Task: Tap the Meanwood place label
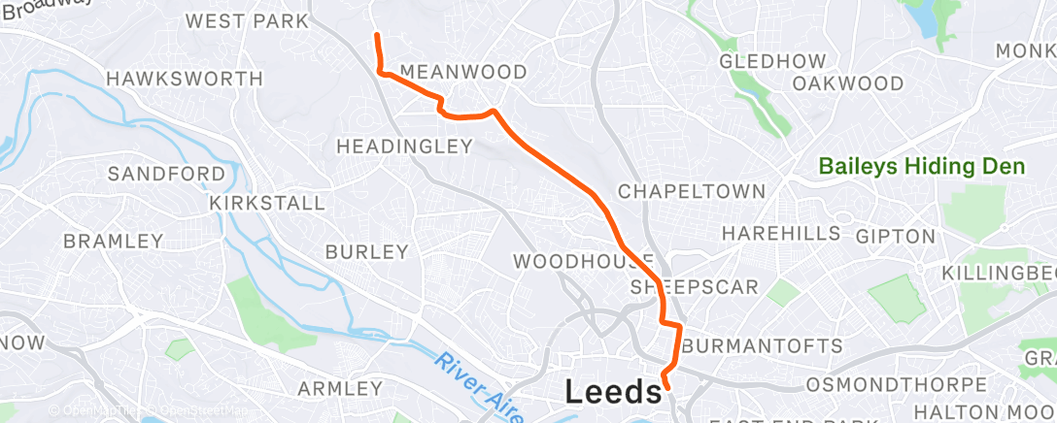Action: tap(463, 73)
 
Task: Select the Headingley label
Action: tap(403, 146)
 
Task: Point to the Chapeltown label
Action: tap(692, 191)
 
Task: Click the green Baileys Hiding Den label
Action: tap(922, 167)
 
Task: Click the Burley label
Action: tap(366, 252)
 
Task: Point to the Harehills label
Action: tap(781, 234)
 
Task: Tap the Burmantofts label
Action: tap(763, 346)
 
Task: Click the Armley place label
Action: tap(340, 389)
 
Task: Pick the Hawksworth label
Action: tap(184, 79)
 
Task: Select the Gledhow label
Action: tap(772, 61)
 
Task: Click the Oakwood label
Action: tap(847, 83)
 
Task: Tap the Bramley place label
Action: tap(113, 241)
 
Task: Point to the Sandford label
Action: tap(166, 174)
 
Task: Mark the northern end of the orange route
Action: tap(376, 35)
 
